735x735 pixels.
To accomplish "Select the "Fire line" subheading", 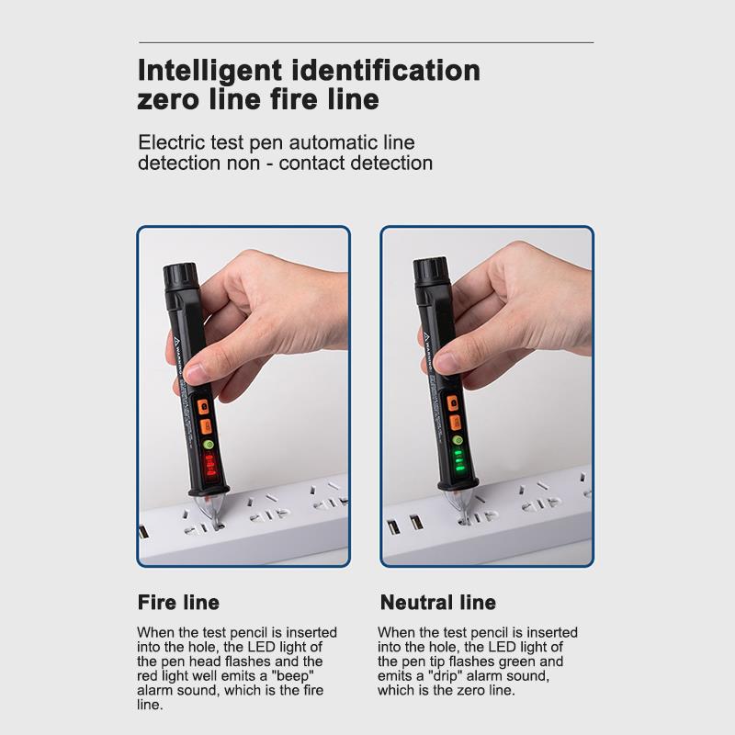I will [x=178, y=603].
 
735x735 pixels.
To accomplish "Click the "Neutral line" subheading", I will [x=437, y=603].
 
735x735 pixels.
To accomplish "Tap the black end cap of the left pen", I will [x=177, y=275].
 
